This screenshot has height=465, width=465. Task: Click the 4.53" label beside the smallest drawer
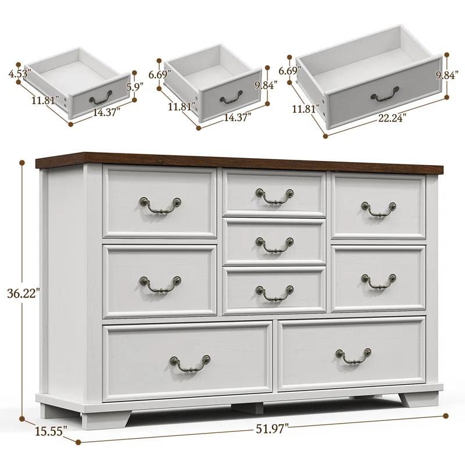[20, 74]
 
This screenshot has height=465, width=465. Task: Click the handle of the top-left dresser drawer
[159, 204]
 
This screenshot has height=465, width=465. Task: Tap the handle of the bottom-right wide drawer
[353, 356]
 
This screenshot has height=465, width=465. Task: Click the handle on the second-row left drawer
[159, 283]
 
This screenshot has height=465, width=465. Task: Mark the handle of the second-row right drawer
[378, 281]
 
